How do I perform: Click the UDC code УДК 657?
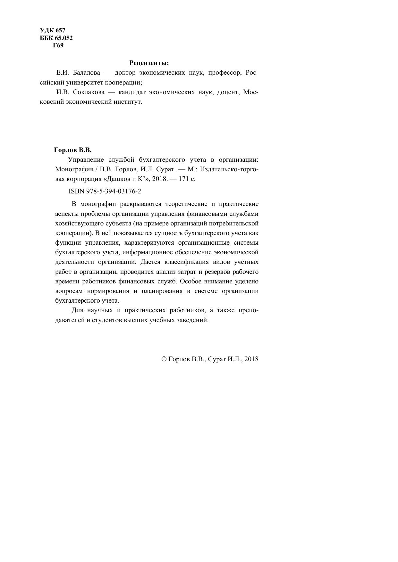click(x=52, y=30)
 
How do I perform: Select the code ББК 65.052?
click(x=56, y=38)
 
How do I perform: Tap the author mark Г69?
click(x=58, y=45)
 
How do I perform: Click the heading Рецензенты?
click(x=149, y=62)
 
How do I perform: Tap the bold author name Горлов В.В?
click(x=73, y=150)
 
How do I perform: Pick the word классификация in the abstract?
click(x=186, y=262)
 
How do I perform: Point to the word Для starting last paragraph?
click(x=77, y=310)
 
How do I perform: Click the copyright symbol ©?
click(x=164, y=359)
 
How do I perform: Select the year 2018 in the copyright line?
click(x=251, y=359)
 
